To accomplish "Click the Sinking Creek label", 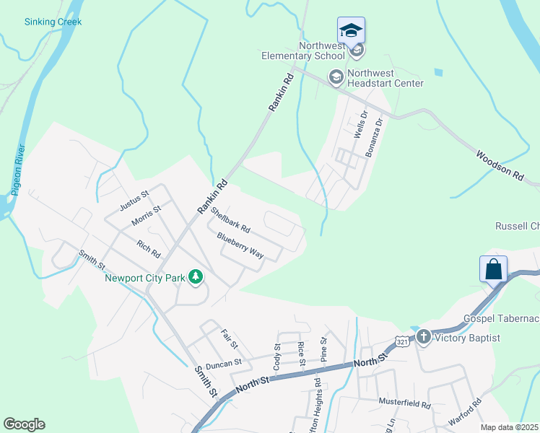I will (x=53, y=22).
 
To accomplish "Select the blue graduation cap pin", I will (x=351, y=30).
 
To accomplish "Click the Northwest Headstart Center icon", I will (x=336, y=76).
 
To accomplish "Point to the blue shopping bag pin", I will (x=493, y=269).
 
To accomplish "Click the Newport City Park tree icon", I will (x=195, y=276).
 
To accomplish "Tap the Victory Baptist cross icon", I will (x=422, y=337).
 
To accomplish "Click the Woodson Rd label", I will (x=499, y=165).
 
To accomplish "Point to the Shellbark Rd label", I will (x=230, y=220).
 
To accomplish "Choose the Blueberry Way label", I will (x=240, y=245).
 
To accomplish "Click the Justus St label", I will (x=134, y=200).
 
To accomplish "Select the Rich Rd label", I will (x=148, y=249).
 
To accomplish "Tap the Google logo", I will (x=24, y=424).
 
